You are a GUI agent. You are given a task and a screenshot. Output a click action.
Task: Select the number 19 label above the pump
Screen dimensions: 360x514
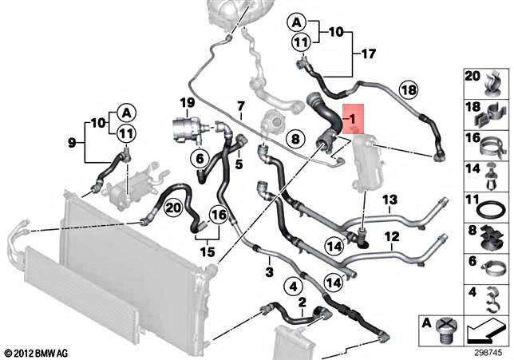coord(187,103)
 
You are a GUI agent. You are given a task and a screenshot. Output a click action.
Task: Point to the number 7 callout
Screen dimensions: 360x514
coord(239,106)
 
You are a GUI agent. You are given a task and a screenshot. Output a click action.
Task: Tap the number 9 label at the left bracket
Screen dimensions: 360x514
coord(73,144)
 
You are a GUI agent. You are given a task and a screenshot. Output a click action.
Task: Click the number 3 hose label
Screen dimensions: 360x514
coord(270,273)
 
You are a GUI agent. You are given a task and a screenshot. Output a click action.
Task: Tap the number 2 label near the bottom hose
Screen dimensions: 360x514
coord(302,303)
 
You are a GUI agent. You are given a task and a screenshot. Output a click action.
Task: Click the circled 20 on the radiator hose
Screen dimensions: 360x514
coord(174,208)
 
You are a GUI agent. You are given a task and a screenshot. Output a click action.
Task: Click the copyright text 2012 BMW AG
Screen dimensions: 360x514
coord(37,351)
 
